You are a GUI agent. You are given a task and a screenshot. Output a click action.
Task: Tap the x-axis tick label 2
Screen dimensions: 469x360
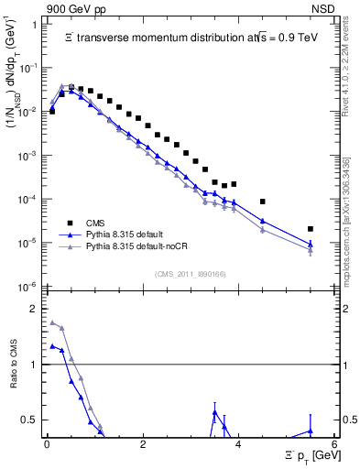(x=143, y=444)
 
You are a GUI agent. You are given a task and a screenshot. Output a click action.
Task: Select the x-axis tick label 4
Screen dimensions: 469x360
(x=238, y=444)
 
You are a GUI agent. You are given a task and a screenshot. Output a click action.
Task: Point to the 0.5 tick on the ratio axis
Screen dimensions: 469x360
(x=31, y=420)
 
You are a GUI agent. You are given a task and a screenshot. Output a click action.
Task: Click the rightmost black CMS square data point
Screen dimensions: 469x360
(x=311, y=229)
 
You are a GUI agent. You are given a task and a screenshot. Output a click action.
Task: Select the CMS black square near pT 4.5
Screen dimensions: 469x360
(x=263, y=202)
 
